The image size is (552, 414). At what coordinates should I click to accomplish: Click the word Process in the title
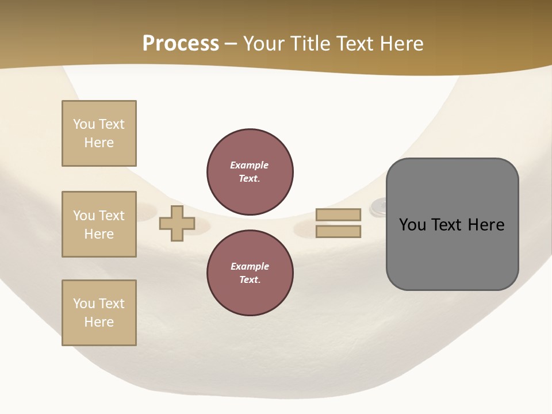click(x=181, y=44)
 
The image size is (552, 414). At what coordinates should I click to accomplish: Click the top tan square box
click(x=99, y=133)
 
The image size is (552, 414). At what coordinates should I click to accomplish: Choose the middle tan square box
click(x=99, y=224)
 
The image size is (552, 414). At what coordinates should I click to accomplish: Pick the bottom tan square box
click(x=99, y=313)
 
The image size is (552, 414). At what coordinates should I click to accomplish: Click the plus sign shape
click(x=177, y=223)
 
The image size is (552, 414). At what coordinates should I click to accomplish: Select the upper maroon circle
click(x=250, y=171)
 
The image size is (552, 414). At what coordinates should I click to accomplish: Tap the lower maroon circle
click(x=250, y=273)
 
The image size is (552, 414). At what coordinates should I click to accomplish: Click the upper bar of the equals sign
click(x=339, y=214)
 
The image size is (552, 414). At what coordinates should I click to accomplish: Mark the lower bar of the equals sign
click(x=339, y=232)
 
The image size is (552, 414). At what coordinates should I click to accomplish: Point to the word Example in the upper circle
click(x=250, y=165)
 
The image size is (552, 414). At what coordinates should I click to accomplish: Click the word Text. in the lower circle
click(x=250, y=279)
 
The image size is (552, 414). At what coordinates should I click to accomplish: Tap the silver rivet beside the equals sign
click(x=378, y=206)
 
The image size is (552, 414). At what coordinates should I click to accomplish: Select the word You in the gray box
click(x=412, y=225)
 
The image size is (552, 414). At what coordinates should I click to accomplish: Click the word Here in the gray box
click(x=486, y=225)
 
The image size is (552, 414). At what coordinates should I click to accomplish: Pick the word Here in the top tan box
click(x=99, y=143)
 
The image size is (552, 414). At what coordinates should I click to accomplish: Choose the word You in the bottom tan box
click(x=84, y=304)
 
